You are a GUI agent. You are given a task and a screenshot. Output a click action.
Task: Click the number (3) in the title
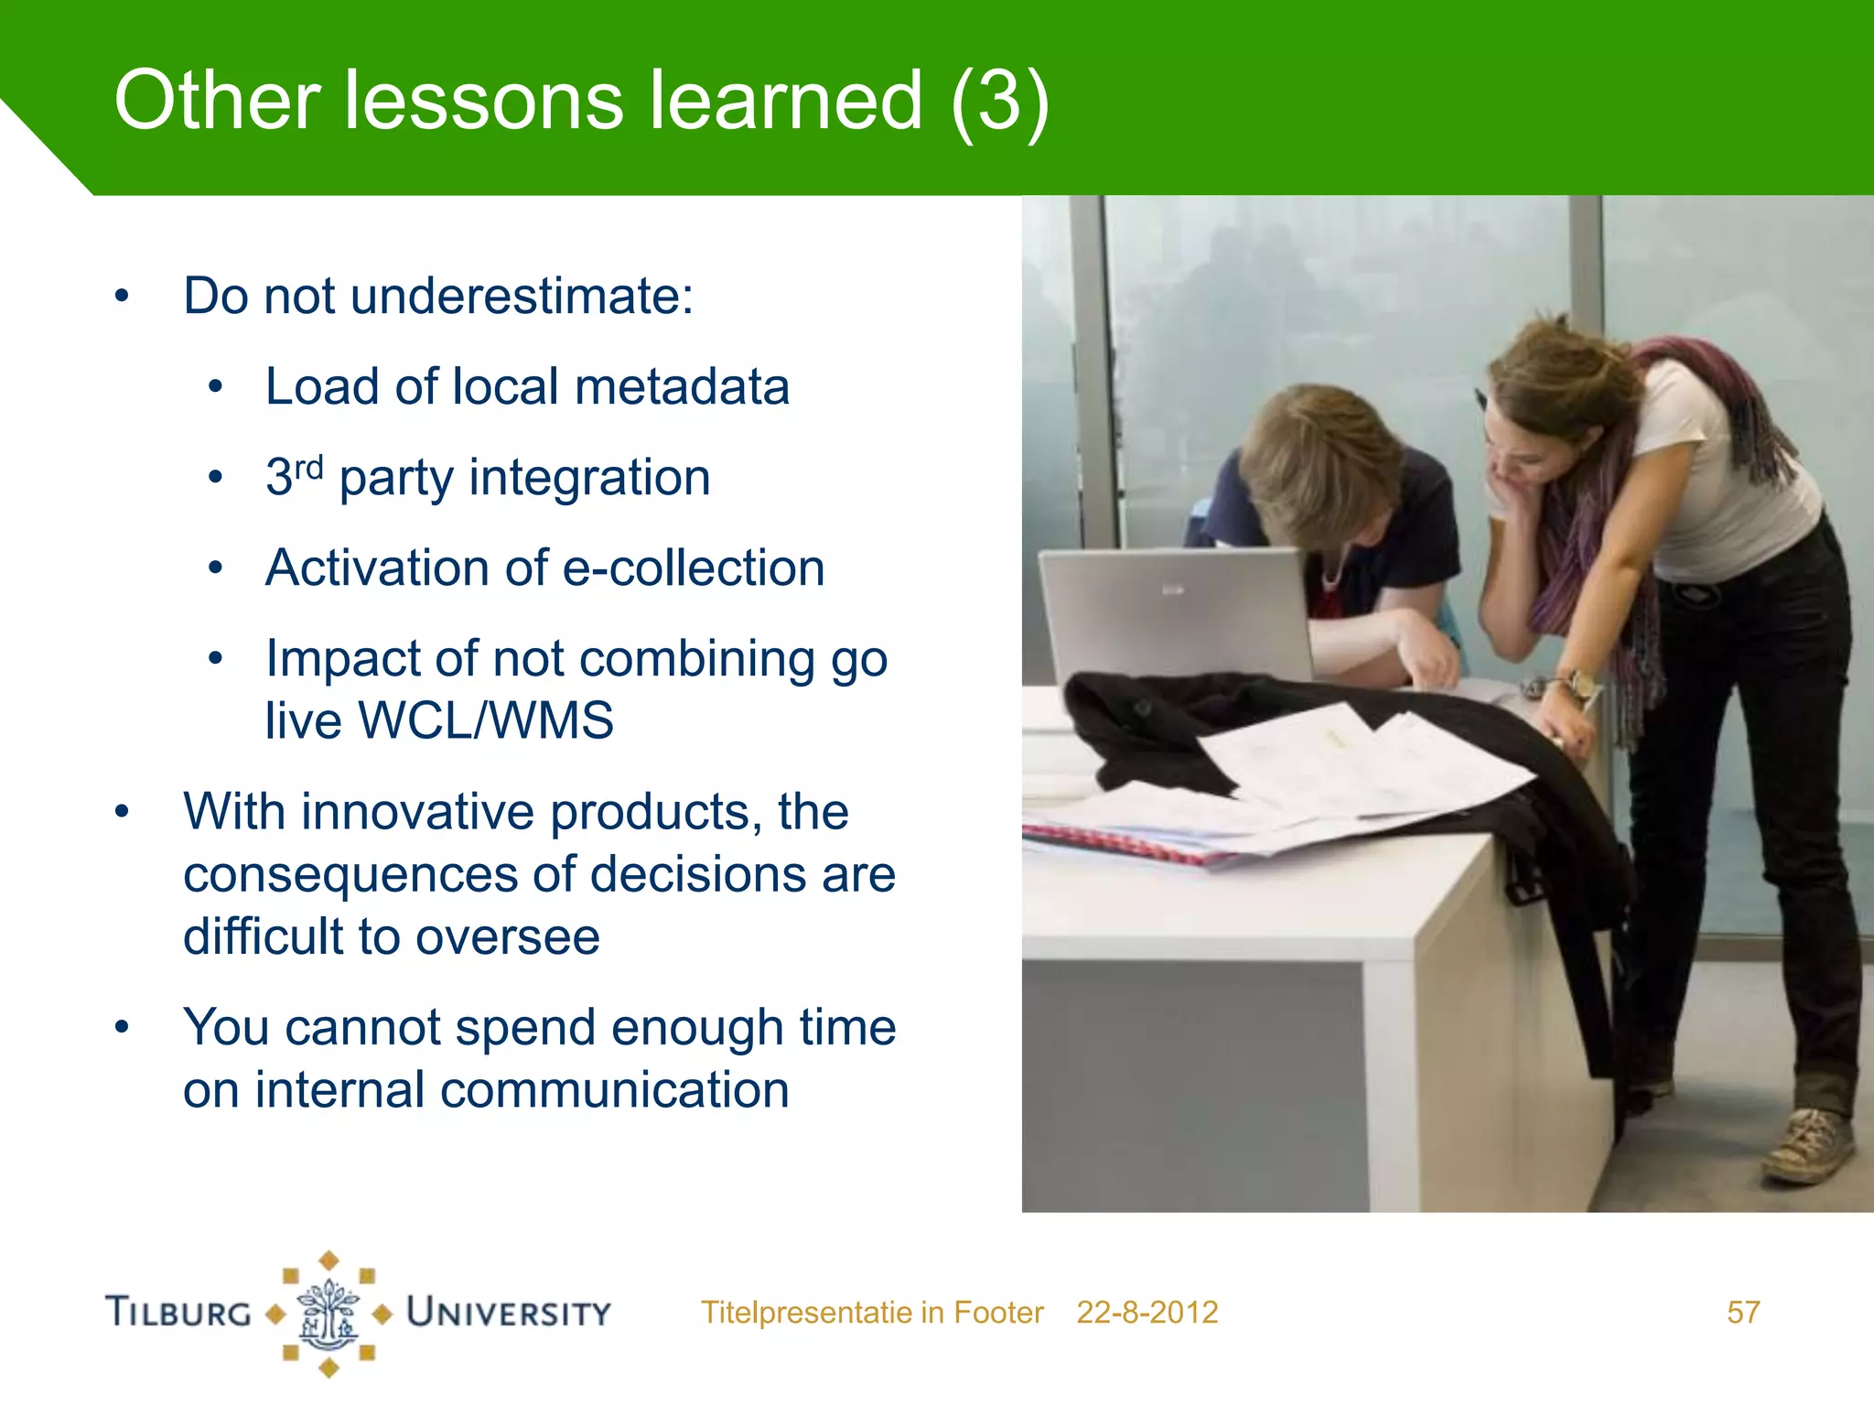(x=999, y=103)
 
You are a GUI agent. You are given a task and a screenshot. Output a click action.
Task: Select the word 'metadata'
(x=682, y=386)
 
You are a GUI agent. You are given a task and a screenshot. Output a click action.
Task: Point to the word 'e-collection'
(x=693, y=568)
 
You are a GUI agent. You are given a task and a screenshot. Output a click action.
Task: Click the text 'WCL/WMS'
(x=486, y=720)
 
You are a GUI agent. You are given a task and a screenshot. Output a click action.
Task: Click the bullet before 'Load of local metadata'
(x=215, y=387)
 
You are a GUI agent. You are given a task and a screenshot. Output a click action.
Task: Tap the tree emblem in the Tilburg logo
(x=328, y=1314)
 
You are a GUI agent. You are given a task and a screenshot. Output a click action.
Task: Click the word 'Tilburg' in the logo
(x=178, y=1312)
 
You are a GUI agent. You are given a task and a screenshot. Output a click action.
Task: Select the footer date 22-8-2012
(x=1147, y=1313)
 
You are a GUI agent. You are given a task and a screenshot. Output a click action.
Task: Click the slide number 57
(x=1742, y=1313)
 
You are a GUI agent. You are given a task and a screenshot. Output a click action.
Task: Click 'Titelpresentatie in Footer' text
(x=872, y=1313)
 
